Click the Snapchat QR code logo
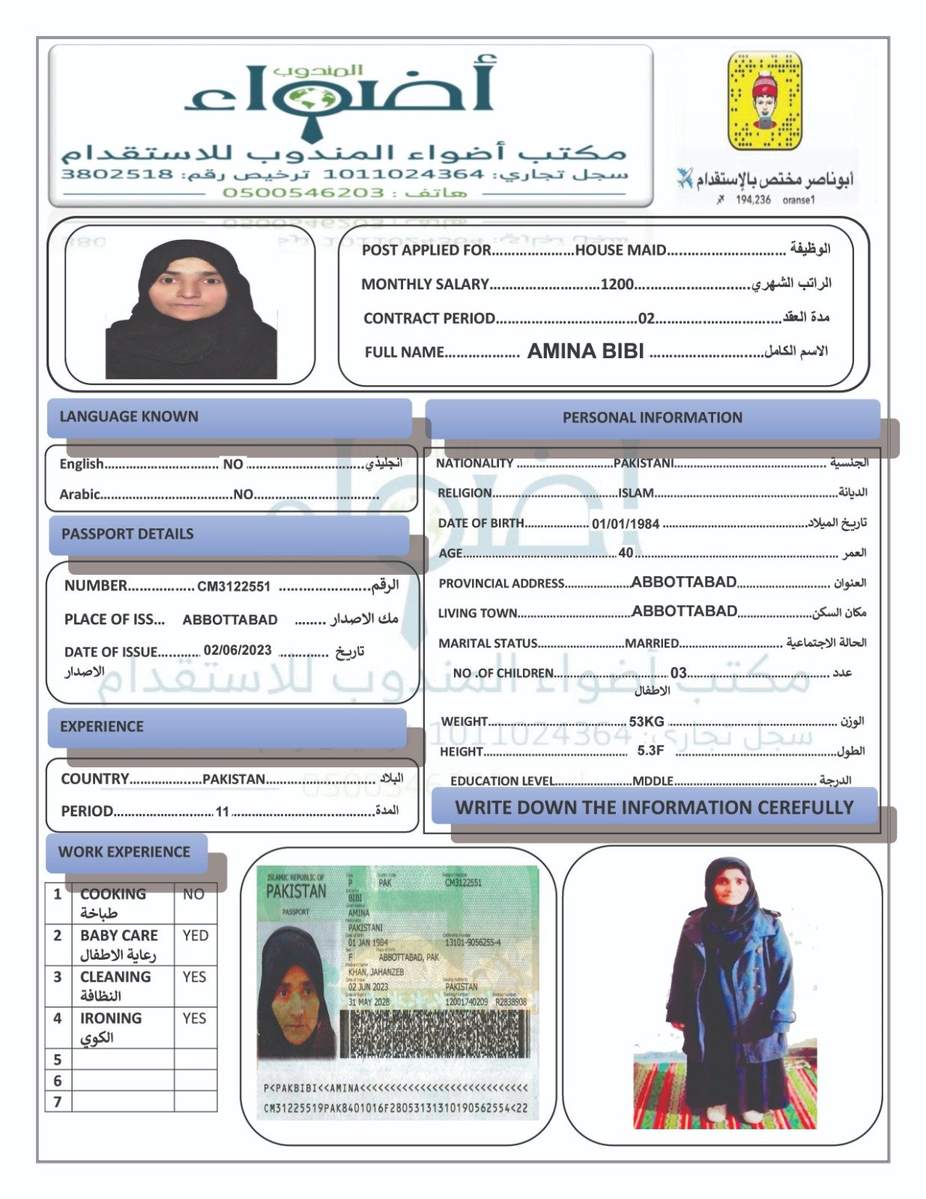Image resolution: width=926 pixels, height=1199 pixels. tap(764, 100)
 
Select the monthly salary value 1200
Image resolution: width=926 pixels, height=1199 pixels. tap(617, 284)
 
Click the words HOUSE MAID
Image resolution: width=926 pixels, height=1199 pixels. tap(620, 250)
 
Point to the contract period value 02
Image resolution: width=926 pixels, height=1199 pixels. tap(646, 318)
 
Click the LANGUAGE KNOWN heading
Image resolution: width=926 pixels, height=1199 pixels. tap(129, 417)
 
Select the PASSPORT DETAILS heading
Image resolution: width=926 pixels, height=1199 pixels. tap(127, 534)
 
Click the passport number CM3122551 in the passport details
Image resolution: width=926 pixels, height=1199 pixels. tap(234, 587)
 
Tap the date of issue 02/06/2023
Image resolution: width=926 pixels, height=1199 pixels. tap(237, 650)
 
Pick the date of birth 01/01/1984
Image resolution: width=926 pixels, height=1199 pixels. tap(626, 524)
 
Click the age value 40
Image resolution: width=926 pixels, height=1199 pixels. tap(626, 553)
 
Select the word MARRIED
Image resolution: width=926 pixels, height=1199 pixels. tap(652, 643)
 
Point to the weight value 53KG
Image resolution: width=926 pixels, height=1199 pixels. tap(647, 722)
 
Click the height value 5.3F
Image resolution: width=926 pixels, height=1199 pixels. tap(650, 750)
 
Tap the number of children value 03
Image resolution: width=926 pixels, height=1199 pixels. tap(678, 673)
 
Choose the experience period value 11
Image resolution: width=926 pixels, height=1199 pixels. tap(222, 812)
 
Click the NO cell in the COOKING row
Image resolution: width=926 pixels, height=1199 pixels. tap(194, 894)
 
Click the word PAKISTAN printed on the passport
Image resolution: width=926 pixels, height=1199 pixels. tap(296, 891)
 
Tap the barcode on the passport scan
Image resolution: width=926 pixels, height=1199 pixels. tap(435, 1035)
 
